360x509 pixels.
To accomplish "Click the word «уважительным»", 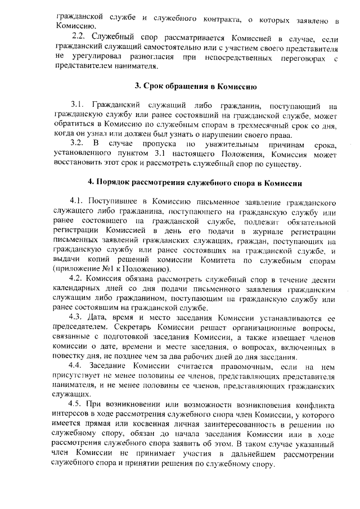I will coord(213,143).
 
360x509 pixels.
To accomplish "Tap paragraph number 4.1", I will coord(76,201).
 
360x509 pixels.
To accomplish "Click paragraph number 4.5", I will coord(76,405).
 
